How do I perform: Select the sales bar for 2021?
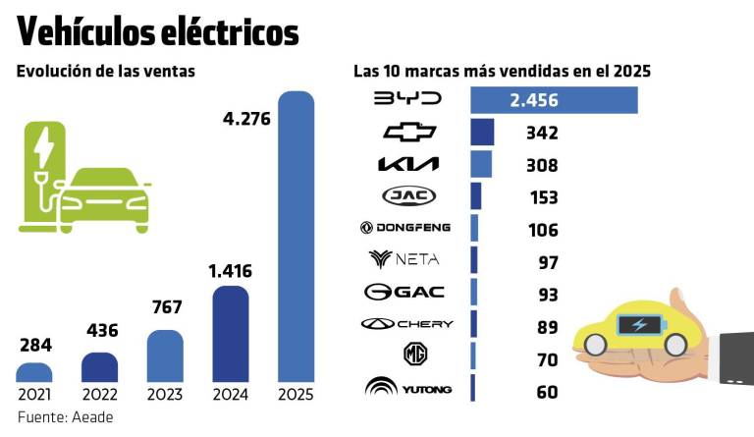(x=34, y=372)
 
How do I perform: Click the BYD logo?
(x=408, y=99)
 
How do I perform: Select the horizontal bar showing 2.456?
(x=554, y=100)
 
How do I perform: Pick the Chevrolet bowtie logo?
(x=408, y=133)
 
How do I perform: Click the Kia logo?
(x=408, y=164)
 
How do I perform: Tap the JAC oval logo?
(x=408, y=195)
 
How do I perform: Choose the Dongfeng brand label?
(x=405, y=228)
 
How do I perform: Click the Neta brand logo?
(x=404, y=259)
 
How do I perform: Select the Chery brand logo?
(x=406, y=323)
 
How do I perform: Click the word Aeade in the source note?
(x=96, y=417)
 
